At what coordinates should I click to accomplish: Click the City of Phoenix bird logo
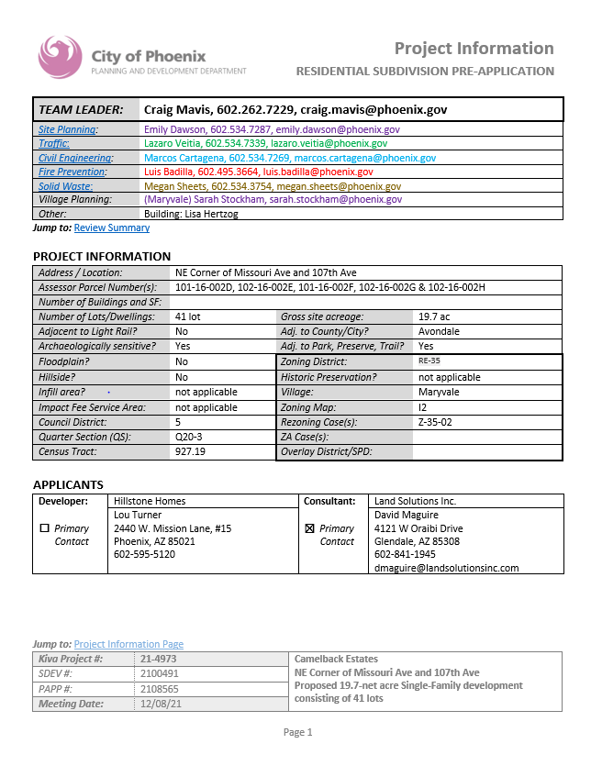(60, 57)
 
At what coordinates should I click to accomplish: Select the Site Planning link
(68, 130)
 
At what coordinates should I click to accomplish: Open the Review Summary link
(112, 228)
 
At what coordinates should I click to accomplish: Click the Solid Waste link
(63, 185)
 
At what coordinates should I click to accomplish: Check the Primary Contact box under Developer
(44, 529)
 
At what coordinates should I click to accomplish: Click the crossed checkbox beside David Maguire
(309, 529)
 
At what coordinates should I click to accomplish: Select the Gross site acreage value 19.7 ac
(433, 316)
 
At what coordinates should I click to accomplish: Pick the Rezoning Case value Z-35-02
(435, 422)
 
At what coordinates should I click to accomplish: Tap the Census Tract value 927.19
(191, 452)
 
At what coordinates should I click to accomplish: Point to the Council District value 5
(178, 422)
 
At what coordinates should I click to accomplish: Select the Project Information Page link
(128, 644)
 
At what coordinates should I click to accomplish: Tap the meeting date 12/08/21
(162, 704)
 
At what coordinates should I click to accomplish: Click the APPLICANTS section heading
(68, 484)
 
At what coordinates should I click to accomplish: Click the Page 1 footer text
(297, 732)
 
